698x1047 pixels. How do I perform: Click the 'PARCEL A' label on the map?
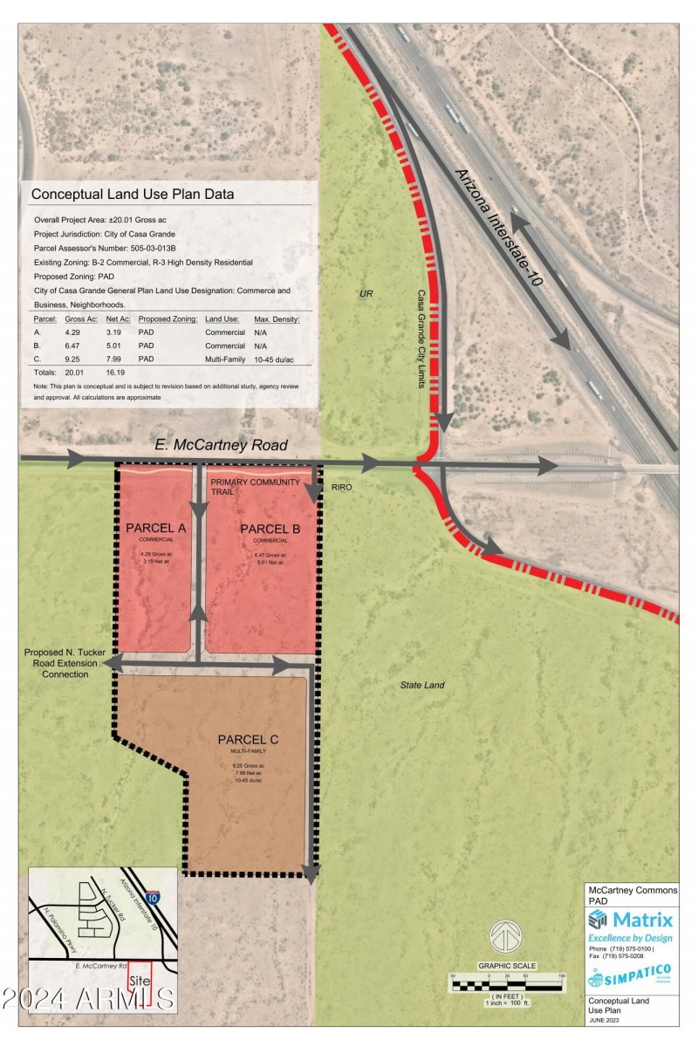(x=155, y=529)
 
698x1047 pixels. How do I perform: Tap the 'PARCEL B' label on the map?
(x=270, y=529)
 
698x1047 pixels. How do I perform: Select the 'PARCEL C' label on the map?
(x=249, y=741)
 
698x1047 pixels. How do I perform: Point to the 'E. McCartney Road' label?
(x=221, y=445)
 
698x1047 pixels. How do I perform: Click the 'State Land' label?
(x=422, y=685)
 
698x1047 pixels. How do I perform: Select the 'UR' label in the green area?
(x=366, y=294)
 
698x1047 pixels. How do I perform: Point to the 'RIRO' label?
(x=341, y=487)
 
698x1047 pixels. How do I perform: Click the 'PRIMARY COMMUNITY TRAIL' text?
(x=255, y=487)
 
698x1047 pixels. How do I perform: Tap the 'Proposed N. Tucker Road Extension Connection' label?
(x=65, y=664)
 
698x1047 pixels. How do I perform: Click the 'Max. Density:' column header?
(x=277, y=319)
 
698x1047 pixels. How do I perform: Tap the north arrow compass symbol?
(x=503, y=936)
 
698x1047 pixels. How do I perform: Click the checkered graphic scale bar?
(x=506, y=986)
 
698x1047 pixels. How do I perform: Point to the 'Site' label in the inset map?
(x=138, y=981)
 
